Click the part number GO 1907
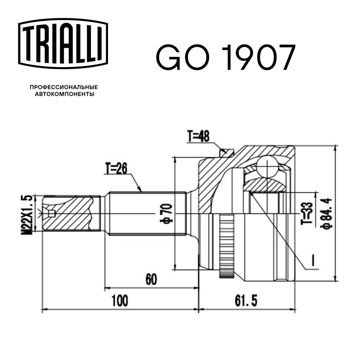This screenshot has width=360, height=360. pos(225,58)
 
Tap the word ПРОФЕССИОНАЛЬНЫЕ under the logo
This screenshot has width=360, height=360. pos(64,87)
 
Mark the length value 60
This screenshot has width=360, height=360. pos(152,279)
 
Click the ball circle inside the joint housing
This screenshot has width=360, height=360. pos(268,166)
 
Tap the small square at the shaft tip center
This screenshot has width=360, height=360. pos(51,214)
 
